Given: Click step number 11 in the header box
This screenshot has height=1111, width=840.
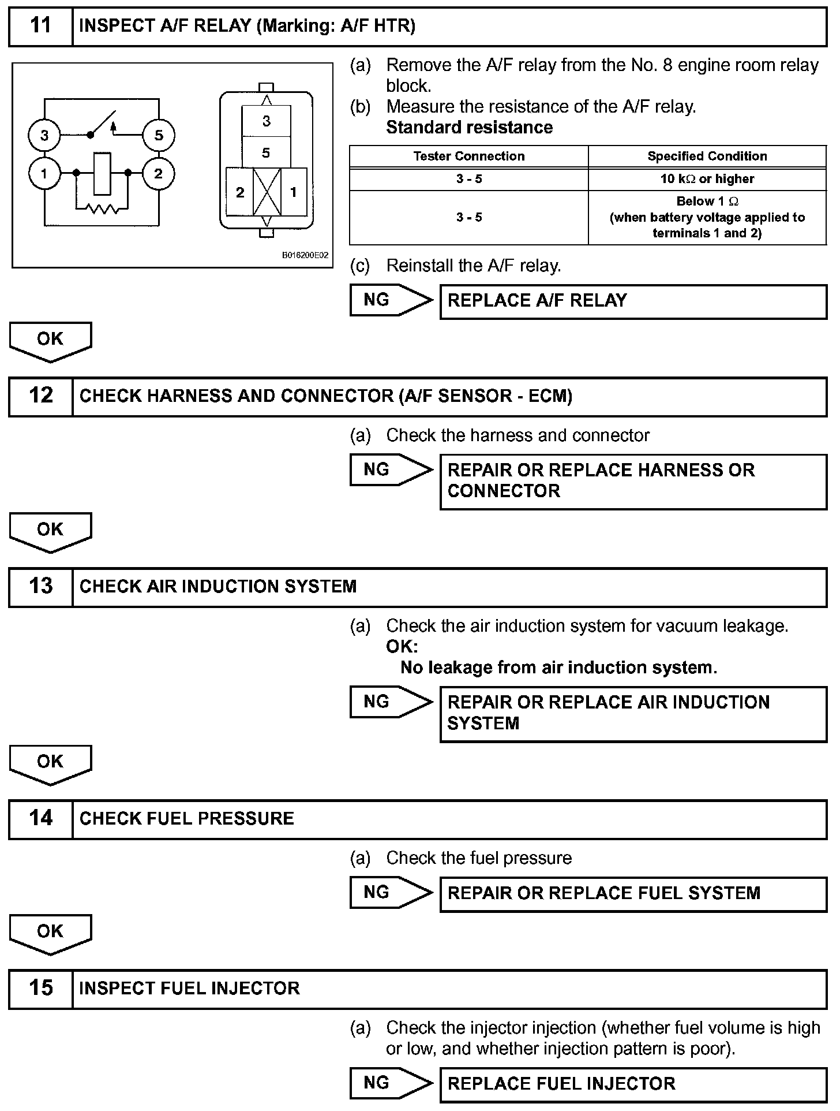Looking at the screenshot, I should (40, 26).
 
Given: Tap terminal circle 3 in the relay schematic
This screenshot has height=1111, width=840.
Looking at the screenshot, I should (44, 136).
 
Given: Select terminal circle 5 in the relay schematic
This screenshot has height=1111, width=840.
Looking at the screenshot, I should (159, 135).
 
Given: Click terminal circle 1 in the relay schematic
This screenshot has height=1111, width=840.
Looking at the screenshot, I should (44, 173).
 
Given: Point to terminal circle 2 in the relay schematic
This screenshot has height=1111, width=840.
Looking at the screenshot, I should (158, 173).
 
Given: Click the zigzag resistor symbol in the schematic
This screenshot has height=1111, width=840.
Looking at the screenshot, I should (102, 208).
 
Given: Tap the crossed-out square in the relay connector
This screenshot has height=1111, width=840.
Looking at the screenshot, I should (267, 192).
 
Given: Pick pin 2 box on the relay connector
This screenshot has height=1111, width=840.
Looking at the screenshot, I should (240, 192).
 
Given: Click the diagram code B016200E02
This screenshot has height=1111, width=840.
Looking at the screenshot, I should (305, 255).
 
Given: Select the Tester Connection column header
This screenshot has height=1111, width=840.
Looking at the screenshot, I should (469, 156).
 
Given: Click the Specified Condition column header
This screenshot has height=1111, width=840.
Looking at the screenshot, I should (707, 156).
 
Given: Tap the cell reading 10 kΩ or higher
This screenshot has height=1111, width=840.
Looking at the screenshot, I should (707, 179).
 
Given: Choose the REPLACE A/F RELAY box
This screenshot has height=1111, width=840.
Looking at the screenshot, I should (633, 301).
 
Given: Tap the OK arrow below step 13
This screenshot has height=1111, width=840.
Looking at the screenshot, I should (50, 763).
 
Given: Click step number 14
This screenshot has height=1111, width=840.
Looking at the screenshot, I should (40, 818).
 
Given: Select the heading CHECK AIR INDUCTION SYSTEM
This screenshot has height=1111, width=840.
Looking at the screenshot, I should (218, 587).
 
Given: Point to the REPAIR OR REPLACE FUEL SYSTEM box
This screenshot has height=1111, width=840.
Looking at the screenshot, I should (633, 893).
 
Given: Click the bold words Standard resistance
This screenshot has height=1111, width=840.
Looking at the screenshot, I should (469, 128).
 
